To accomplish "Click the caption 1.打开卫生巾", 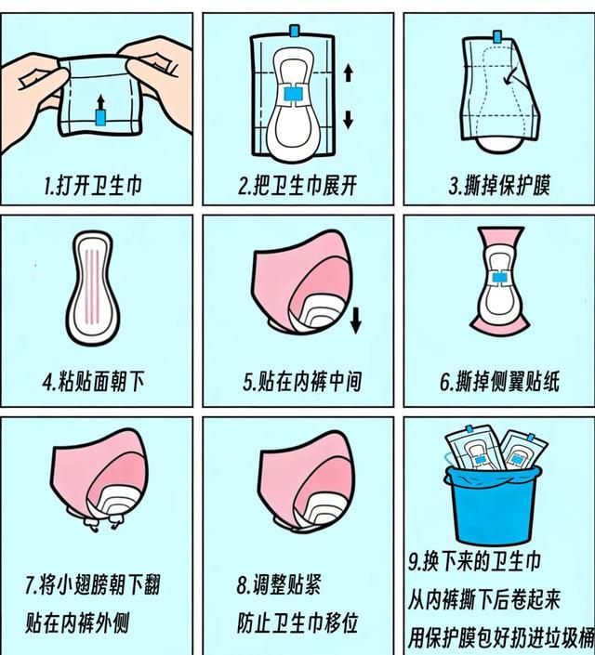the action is pyautogui.click(x=93, y=186).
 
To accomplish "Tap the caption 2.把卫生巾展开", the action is pyautogui.click(x=297, y=186).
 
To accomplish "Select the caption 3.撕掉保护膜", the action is pyautogui.click(x=499, y=186).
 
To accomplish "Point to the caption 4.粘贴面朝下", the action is pyautogui.click(x=93, y=382).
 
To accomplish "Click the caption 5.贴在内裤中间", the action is pyautogui.click(x=302, y=382).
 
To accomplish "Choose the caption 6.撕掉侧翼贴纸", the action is pyautogui.click(x=499, y=382).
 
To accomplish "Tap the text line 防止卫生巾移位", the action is pyautogui.click(x=297, y=623).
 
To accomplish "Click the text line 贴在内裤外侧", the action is pyautogui.click(x=77, y=623).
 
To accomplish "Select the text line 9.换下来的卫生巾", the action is pyautogui.click(x=474, y=561).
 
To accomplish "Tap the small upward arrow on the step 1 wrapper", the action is pyautogui.click(x=100, y=101).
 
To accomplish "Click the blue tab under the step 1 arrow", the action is pyautogui.click(x=100, y=117).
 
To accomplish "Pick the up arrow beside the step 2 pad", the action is pyautogui.click(x=348, y=72).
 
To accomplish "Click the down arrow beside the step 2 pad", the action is pyautogui.click(x=348, y=120).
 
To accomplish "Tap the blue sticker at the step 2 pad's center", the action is pyautogui.click(x=294, y=93).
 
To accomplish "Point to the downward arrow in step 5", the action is pyautogui.click(x=356, y=321).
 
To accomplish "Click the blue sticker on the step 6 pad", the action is pyautogui.click(x=498, y=278).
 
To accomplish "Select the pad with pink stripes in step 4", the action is pyautogui.click(x=92, y=289).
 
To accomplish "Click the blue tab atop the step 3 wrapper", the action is pyautogui.click(x=497, y=37).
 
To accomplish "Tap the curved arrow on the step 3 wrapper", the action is pyautogui.click(x=513, y=75).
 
